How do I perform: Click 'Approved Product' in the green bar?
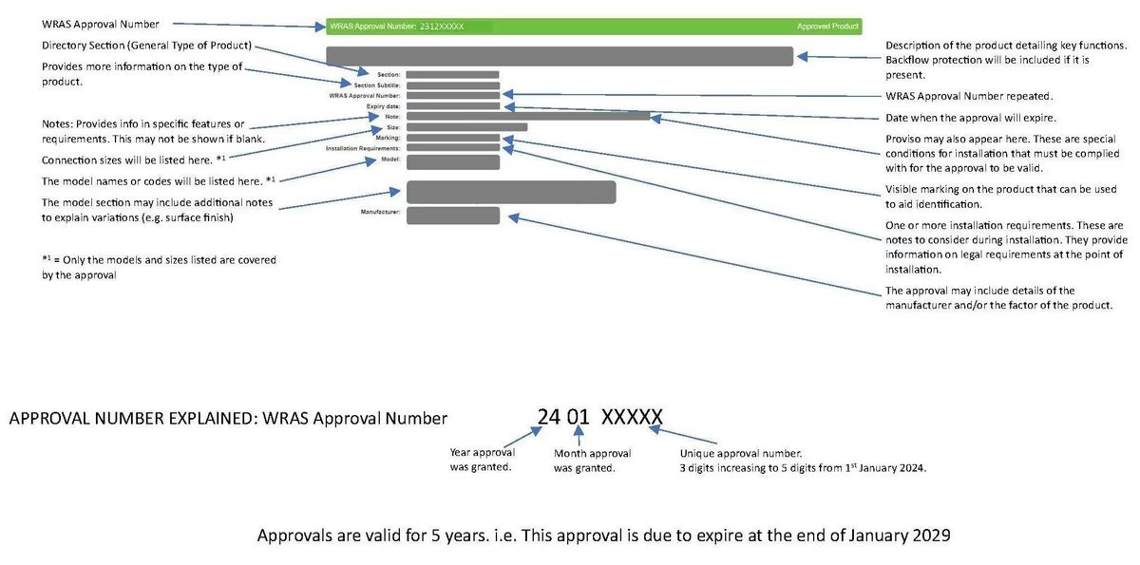[827, 27]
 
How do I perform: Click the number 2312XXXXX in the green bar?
[441, 27]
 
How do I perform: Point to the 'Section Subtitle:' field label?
[377, 85]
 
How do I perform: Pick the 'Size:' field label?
[391, 127]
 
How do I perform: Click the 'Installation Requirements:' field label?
[363, 148]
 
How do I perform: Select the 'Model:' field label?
[390, 160]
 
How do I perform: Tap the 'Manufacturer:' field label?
[380, 212]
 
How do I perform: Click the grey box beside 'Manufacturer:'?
[453, 216]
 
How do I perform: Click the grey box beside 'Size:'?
[466, 127]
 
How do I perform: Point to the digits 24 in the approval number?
[549, 417]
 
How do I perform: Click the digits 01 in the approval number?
[579, 417]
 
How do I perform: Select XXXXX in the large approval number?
[632, 417]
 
